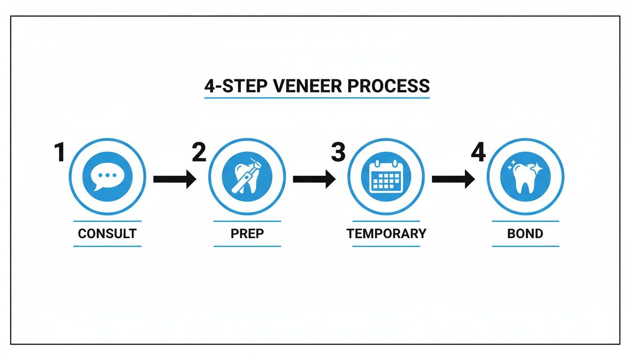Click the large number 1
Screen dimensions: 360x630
[60, 153]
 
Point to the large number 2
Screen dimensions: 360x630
[199, 153]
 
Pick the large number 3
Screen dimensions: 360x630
[338, 153]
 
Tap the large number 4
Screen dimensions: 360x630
[478, 153]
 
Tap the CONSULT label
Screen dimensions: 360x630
[107, 233]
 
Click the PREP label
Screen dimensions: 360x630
[247, 233]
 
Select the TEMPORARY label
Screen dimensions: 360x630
[386, 233]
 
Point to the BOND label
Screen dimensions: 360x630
[525, 233]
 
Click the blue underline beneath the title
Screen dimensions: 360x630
[317, 98]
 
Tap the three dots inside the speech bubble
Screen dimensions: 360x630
[107, 175]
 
